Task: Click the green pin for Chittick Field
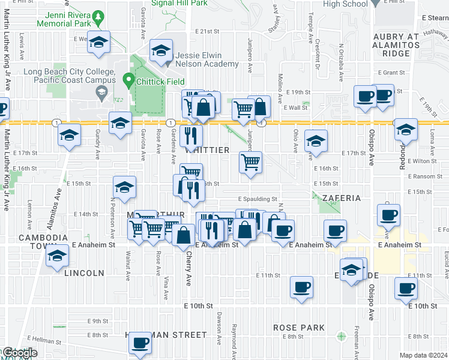[x=128, y=79]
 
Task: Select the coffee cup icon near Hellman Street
[x=140, y=343]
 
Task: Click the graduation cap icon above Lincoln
[x=58, y=256]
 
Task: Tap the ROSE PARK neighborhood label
[x=299, y=328]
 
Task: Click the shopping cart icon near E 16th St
[x=250, y=161]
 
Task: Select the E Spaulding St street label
[x=258, y=199]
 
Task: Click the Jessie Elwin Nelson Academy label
[x=207, y=59]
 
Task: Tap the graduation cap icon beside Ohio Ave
[x=316, y=142]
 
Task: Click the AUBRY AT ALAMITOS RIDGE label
[x=396, y=45]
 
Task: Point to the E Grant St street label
[x=392, y=73]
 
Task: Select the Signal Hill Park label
[x=179, y=3]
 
